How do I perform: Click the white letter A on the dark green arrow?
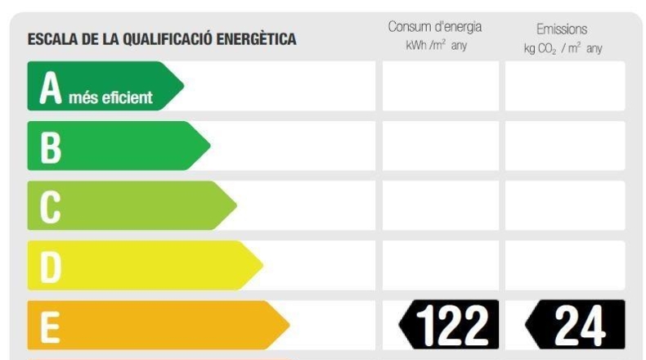[50, 88]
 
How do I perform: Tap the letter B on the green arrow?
[51, 147]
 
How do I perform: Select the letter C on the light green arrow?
[50, 208]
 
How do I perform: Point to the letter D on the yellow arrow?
[51, 268]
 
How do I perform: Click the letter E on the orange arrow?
[50, 327]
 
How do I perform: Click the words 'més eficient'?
[110, 97]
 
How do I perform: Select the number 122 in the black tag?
[452, 326]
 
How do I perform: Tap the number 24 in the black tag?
[580, 326]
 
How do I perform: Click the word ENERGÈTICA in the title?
[256, 39]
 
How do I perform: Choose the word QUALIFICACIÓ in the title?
[168, 39]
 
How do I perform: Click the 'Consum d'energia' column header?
[435, 27]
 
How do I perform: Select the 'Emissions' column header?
[562, 29]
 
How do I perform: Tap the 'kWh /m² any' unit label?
[437, 45]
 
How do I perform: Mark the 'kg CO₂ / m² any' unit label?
[563, 48]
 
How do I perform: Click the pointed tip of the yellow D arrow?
[262, 265]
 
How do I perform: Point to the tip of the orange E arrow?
[289, 325]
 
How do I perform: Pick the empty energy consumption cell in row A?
[441, 86]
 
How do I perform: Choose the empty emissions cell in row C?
[565, 205]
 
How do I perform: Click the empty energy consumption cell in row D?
[441, 265]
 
